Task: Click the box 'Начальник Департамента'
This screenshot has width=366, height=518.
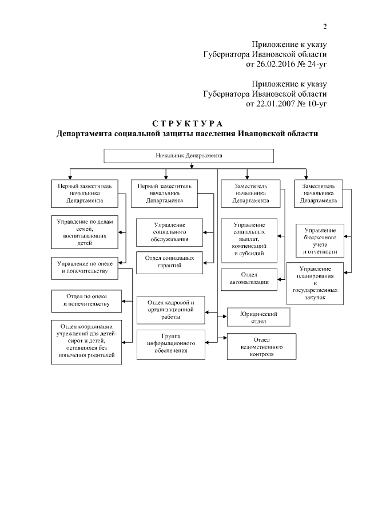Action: [x=189, y=156]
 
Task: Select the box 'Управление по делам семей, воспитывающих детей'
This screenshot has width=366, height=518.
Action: [x=85, y=232]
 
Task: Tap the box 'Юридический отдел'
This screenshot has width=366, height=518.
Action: [x=258, y=317]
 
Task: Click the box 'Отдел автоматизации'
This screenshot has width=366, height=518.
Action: [x=249, y=278]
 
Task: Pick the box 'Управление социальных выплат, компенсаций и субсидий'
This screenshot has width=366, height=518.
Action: [x=249, y=240]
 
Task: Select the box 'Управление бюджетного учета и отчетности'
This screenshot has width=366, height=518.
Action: [x=320, y=240]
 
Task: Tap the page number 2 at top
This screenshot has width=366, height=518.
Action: [x=325, y=26]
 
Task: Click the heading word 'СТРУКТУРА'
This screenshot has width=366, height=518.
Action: [x=187, y=124]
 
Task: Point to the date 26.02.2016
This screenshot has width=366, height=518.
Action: [x=268, y=65]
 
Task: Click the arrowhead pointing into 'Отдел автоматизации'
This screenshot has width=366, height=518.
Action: [x=281, y=279]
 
